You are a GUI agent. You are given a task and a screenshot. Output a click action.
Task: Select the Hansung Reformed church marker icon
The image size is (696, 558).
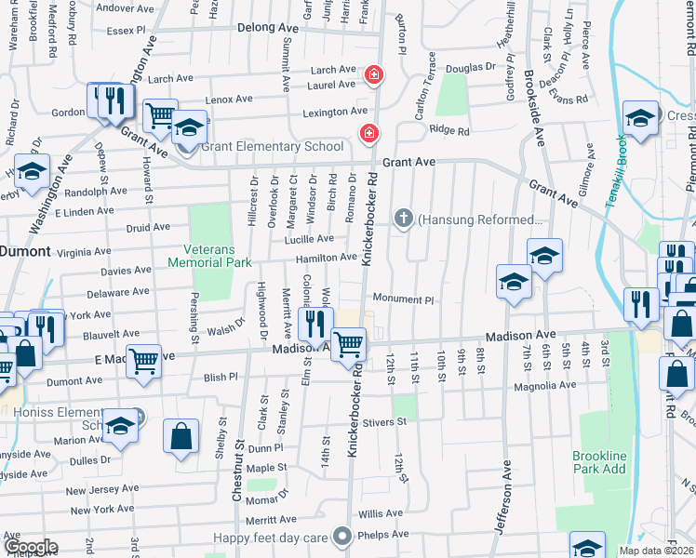click(403, 219)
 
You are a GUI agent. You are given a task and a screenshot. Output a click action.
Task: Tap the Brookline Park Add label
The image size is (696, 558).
click(599, 463)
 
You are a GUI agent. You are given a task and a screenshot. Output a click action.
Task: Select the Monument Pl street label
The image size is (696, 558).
click(404, 299)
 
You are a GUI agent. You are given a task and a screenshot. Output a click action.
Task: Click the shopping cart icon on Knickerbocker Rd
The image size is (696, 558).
click(349, 343)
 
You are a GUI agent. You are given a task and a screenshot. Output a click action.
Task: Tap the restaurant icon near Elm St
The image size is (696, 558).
click(315, 324)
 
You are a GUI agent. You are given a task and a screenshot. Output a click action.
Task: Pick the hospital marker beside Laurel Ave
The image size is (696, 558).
click(373, 73)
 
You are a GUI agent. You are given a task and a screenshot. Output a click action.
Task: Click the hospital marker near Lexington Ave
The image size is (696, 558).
click(368, 133)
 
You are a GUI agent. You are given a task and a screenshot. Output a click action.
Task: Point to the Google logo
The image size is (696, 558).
click(31, 547)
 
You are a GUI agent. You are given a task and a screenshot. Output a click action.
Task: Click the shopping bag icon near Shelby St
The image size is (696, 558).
click(181, 434)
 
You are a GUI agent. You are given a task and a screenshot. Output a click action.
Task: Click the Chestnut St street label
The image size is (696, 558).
click(240, 484)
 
